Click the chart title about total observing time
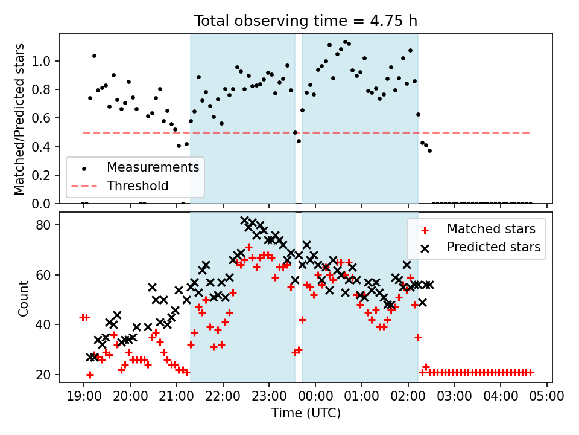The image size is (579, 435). click(x=305, y=21)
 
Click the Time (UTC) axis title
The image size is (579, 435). click(x=306, y=414)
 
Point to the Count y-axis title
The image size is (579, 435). click(x=24, y=298)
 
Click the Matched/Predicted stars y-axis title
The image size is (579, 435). click(x=20, y=119)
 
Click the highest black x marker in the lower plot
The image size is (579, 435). click(x=245, y=221)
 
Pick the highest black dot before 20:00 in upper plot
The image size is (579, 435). click(x=94, y=56)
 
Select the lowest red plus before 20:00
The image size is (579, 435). click(x=90, y=375)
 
